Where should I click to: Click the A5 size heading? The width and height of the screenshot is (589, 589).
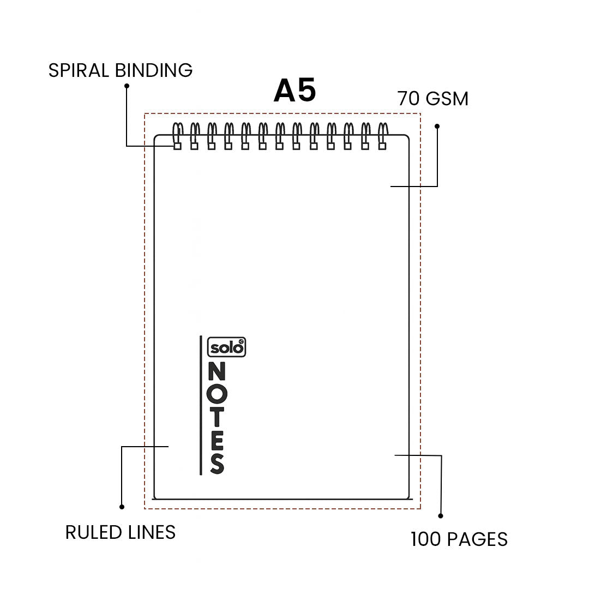[x=294, y=91]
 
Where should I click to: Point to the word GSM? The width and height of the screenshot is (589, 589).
[x=447, y=99]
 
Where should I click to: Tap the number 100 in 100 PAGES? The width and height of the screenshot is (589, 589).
[x=426, y=539]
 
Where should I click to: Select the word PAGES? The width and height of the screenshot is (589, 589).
[x=477, y=539]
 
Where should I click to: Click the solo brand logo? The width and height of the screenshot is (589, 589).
[x=227, y=347]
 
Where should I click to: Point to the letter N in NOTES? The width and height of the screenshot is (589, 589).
[x=217, y=372]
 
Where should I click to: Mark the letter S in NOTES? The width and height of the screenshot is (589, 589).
[x=217, y=464]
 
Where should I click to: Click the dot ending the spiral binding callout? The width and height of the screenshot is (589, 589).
[x=127, y=86]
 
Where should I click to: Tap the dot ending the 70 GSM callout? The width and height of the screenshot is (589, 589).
[x=437, y=126]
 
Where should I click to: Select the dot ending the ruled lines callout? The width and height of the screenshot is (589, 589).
[x=122, y=507]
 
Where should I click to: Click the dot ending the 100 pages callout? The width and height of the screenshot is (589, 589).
[x=441, y=515]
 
